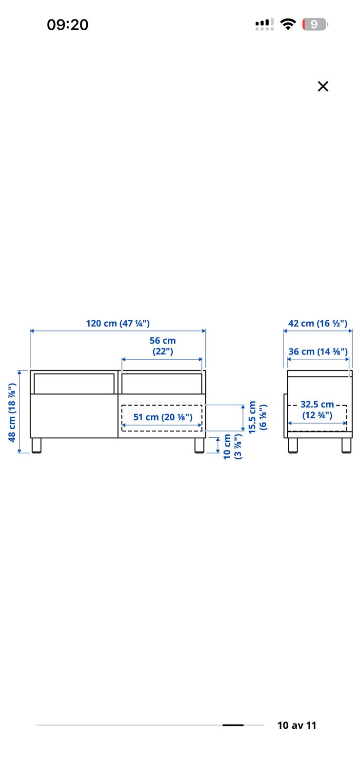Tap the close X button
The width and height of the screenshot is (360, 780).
323,86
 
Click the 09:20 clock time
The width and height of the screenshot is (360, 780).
68,25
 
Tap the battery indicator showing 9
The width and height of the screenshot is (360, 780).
315,24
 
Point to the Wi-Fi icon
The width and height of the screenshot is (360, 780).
288,24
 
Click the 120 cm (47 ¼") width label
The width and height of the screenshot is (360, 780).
118,324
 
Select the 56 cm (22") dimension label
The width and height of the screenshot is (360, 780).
163,346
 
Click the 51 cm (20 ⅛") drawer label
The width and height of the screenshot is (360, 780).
163,417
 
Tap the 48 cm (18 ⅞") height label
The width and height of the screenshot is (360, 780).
12,412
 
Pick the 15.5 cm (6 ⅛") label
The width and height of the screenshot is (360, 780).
258,417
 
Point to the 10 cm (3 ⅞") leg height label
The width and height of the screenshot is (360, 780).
233,447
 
